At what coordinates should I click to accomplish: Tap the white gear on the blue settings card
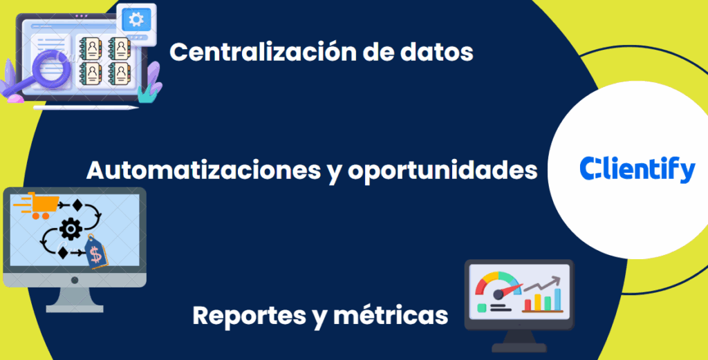point(136,19)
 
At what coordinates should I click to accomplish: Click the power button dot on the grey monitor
point(74,280)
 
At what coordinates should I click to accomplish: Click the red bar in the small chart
point(528,303)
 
